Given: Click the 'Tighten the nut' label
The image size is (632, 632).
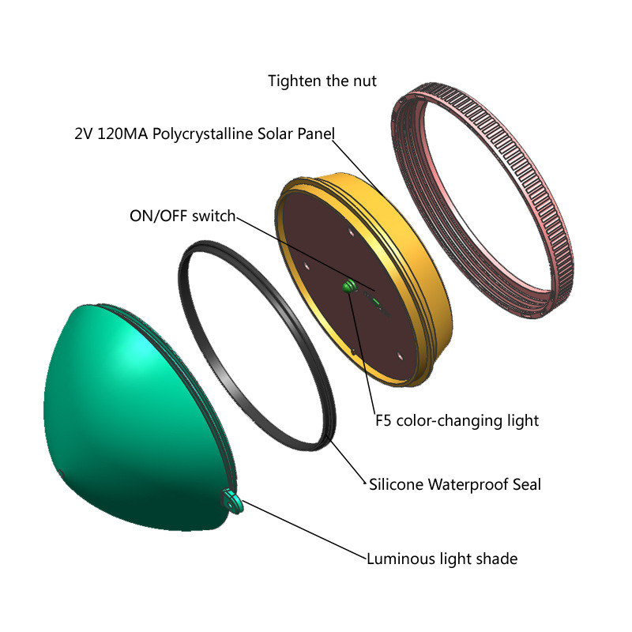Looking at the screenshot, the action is [x=322, y=81].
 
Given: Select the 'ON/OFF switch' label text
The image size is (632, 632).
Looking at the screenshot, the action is [x=182, y=216].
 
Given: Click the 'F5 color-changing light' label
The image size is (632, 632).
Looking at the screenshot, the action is [x=457, y=421].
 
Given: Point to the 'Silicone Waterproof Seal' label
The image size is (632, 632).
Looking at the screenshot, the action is [x=455, y=484].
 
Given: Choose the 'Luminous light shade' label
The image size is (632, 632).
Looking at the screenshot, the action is [x=442, y=559].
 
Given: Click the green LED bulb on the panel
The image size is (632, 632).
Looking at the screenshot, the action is [x=349, y=286].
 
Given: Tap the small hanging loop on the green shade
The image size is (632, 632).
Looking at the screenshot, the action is [x=232, y=501].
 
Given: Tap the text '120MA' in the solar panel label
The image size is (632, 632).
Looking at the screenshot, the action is [x=122, y=134].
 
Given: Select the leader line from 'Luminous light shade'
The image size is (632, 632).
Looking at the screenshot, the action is [x=304, y=530].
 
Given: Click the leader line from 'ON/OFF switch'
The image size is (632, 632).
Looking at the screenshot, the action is [x=306, y=254].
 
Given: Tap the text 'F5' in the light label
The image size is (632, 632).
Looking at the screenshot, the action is [x=383, y=421].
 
